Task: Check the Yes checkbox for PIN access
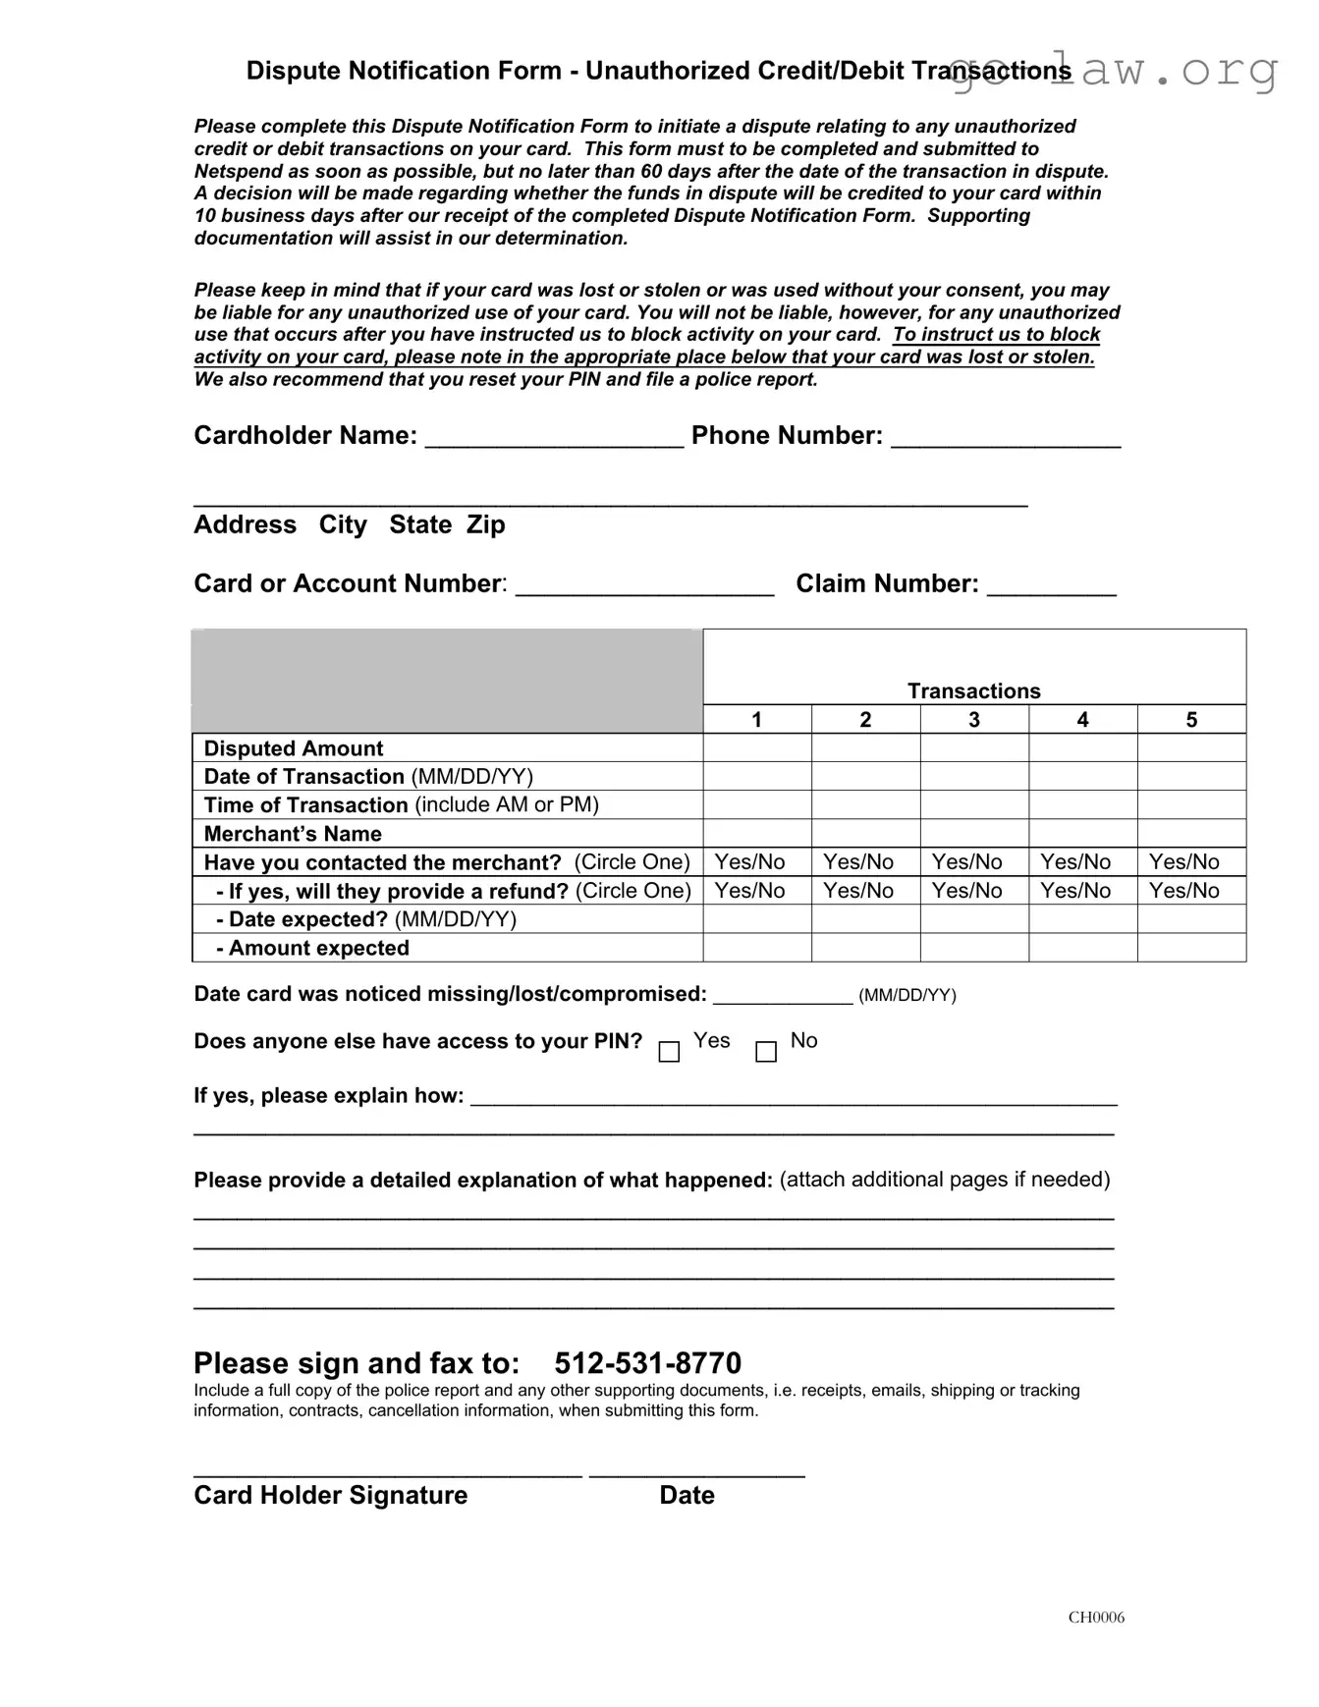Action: pyautogui.click(x=669, y=1052)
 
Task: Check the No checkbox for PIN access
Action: pyautogui.click(x=766, y=1052)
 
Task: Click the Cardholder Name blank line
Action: pyautogui.click(x=554, y=437)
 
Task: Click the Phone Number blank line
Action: pyautogui.click(x=1005, y=437)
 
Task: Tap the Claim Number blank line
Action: pyautogui.click(x=1051, y=585)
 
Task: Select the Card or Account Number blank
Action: pyautogui.click(x=644, y=585)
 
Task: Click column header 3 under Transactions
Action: pyautogui.click(x=974, y=720)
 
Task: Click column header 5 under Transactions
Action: pyautogui.click(x=1191, y=720)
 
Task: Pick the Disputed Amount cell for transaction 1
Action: pyautogui.click(x=757, y=748)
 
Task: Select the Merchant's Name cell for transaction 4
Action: pyautogui.click(x=1082, y=834)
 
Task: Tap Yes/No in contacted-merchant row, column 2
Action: pyautogui.click(x=858, y=862)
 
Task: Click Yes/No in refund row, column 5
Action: pyautogui.click(x=1184, y=891)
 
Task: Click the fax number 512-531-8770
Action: pyautogui.click(x=647, y=1363)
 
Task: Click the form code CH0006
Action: pyautogui.click(x=1096, y=1618)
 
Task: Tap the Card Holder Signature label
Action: pyautogui.click(x=330, y=1495)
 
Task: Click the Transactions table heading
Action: pyautogui.click(x=973, y=691)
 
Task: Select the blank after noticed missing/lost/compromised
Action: pyautogui.click(x=782, y=996)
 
